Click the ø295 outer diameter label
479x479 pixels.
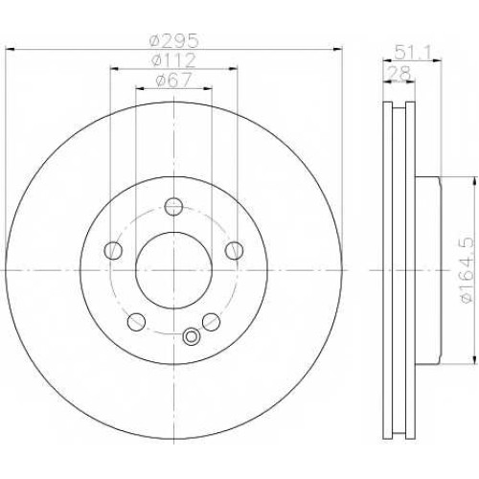[x=174, y=40]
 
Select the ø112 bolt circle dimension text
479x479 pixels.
[x=173, y=60]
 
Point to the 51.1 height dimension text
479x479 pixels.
[x=412, y=52]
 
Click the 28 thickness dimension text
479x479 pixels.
[x=400, y=73]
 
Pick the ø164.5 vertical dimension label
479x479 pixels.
[x=467, y=270]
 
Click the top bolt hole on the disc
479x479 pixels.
[x=173, y=206]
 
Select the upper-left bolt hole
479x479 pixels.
[x=113, y=250]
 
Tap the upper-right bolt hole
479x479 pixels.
[x=234, y=250]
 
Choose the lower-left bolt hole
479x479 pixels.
[x=136, y=322]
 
